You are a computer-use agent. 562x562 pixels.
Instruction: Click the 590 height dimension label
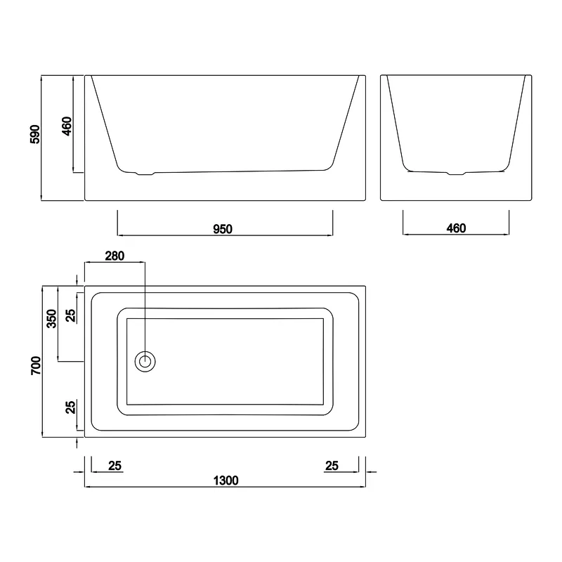pos(34,134)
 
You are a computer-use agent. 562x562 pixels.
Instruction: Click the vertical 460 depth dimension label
pos(67,126)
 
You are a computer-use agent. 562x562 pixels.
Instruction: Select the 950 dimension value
pos(223,229)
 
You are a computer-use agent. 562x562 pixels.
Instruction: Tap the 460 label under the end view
pos(456,228)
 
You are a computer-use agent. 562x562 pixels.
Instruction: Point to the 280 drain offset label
pos(115,256)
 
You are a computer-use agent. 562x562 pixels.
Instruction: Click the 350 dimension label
pos(52,318)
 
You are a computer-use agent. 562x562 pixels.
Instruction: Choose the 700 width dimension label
pos(36,365)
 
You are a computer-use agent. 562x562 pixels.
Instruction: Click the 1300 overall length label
pos(226,481)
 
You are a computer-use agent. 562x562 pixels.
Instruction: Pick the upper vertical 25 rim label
pos(71,315)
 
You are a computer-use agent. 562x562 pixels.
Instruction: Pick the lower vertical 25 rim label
pos(71,407)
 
